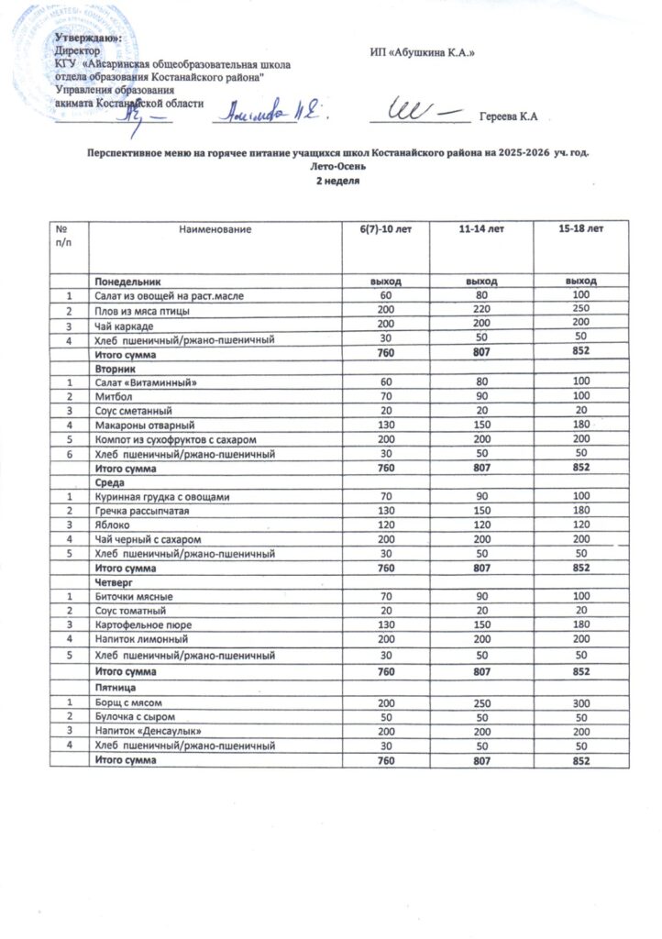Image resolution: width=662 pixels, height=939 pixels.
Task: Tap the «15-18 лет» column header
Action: click(x=580, y=226)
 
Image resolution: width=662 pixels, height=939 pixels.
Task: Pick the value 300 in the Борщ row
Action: click(x=580, y=701)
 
